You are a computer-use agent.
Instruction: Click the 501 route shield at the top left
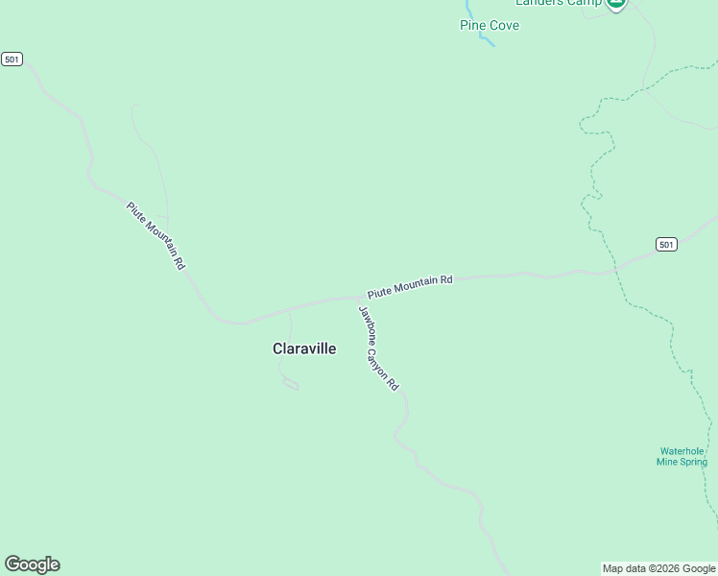(x=12, y=60)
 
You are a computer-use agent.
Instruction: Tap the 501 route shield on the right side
(x=666, y=245)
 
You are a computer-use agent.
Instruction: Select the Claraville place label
(x=304, y=349)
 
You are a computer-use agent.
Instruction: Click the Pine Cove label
(x=490, y=25)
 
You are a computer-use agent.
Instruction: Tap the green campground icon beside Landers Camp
(x=616, y=4)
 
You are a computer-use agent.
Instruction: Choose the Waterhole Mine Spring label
(x=682, y=456)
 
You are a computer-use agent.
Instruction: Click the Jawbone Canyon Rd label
(x=377, y=348)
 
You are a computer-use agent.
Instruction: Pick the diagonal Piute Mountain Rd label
(x=156, y=234)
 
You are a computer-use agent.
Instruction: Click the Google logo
(x=32, y=564)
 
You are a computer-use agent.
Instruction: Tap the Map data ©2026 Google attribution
(x=658, y=568)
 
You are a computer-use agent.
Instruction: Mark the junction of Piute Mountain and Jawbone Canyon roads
(x=354, y=299)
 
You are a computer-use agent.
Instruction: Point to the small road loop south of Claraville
(x=291, y=386)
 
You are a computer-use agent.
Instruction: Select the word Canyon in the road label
(x=381, y=360)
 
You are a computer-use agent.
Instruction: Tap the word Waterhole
(x=682, y=450)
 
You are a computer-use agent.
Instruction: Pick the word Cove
(x=505, y=25)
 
